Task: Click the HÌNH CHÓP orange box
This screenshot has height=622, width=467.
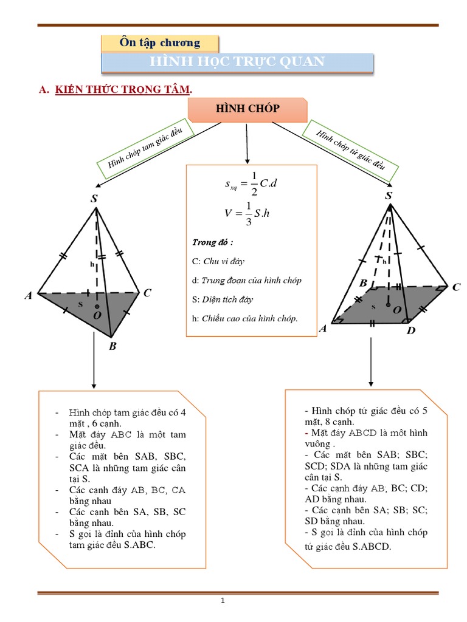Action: coord(247,109)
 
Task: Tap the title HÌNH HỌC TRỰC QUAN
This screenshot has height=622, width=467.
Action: coord(237,62)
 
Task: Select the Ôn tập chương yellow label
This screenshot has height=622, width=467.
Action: coord(160,43)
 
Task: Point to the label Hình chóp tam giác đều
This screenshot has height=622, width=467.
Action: coord(144,146)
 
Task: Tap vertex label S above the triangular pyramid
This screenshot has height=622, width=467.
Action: coord(94,199)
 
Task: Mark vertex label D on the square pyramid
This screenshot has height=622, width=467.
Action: coord(410,331)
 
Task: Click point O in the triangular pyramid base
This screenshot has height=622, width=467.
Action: coord(97,315)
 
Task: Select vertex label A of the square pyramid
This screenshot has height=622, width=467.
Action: coord(323,329)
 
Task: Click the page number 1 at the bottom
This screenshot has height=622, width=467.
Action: coord(223,601)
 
